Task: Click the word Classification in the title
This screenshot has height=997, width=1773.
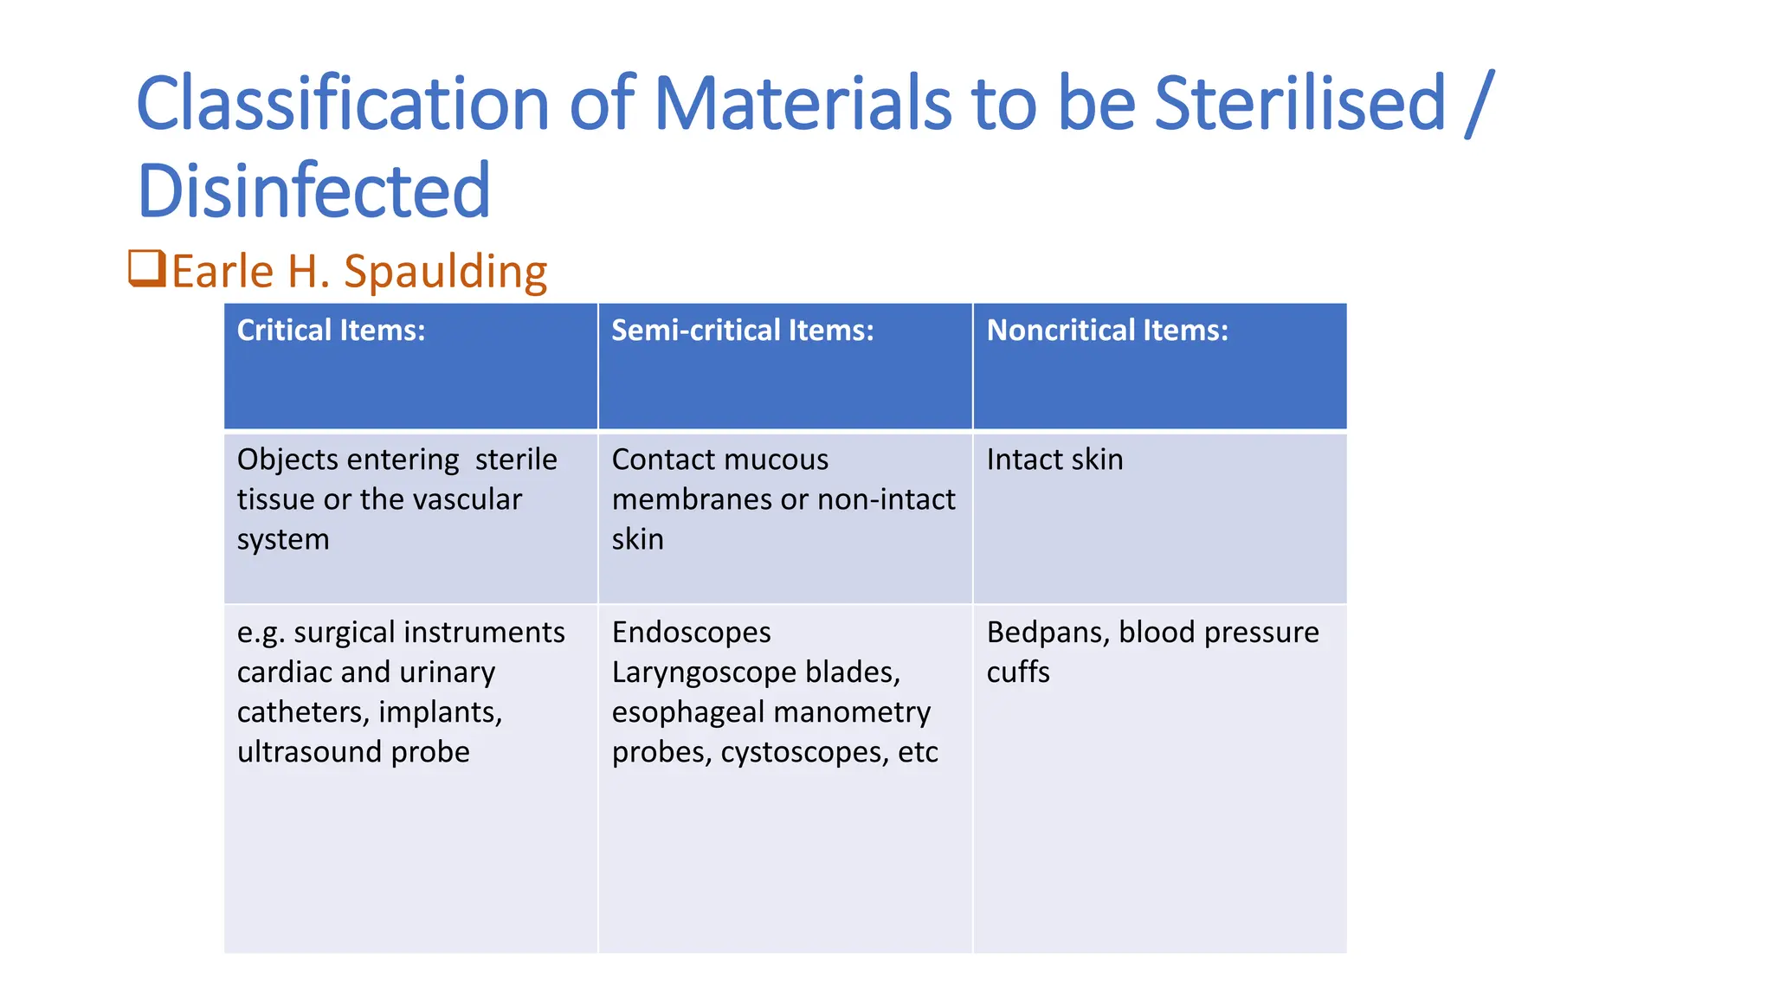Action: click(x=343, y=104)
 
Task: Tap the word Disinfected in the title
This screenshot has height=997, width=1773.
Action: click(x=313, y=190)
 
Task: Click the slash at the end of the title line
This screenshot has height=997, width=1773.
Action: click(x=1480, y=104)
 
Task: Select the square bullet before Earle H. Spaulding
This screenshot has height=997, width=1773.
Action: click(x=146, y=268)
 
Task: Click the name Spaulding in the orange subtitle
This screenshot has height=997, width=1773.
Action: click(x=445, y=272)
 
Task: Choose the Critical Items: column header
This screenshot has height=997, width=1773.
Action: click(x=332, y=331)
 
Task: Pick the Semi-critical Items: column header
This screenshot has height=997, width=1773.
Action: click(x=743, y=331)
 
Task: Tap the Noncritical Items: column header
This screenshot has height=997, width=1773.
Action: click(x=1107, y=331)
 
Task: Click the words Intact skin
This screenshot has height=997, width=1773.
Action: click(x=1054, y=460)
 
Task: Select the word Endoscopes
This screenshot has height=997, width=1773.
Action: click(x=691, y=633)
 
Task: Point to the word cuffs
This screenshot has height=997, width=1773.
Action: click(x=1018, y=672)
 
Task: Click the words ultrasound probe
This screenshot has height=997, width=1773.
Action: click(x=353, y=752)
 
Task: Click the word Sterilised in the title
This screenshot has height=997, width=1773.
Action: click(x=1299, y=104)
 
